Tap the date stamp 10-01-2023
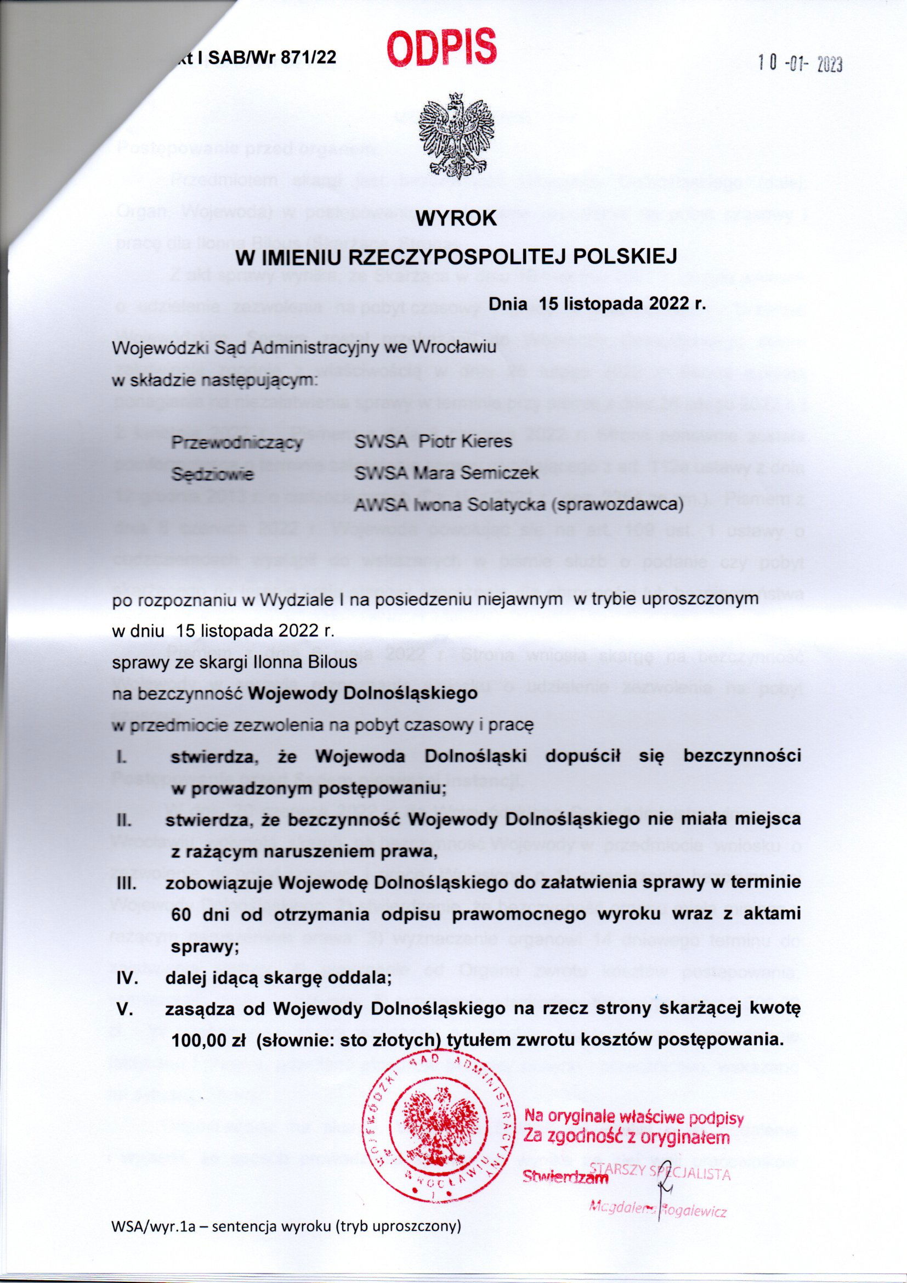tap(799, 64)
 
